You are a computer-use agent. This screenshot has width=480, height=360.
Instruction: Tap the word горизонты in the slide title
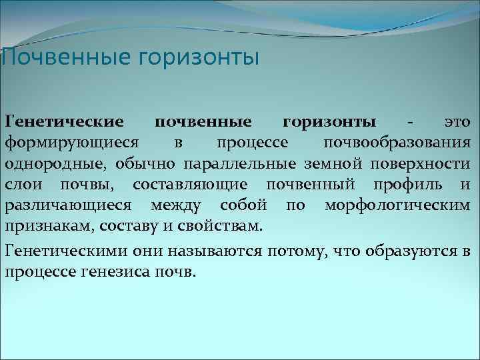click(x=198, y=58)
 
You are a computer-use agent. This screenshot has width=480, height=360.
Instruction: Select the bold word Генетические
click(x=64, y=122)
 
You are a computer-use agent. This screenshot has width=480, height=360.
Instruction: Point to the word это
click(x=458, y=122)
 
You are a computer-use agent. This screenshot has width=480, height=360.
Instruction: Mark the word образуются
click(x=407, y=251)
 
